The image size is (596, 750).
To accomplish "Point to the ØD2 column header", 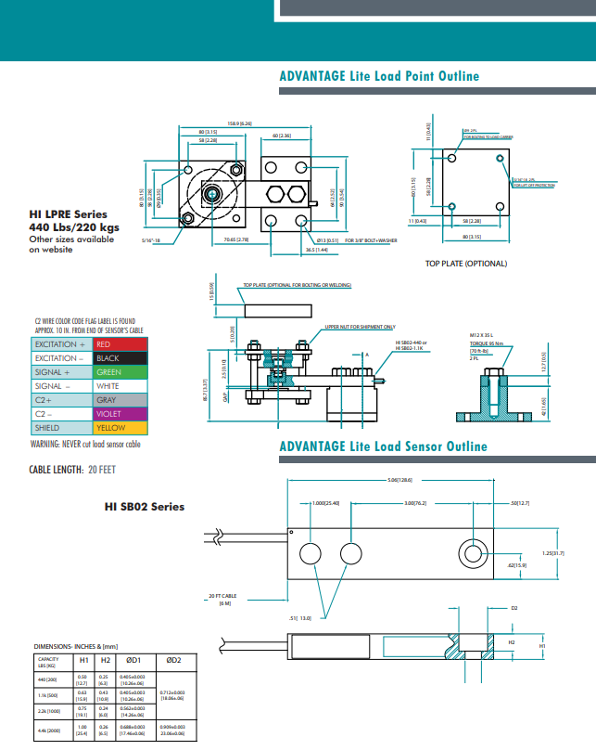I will pos(172,660).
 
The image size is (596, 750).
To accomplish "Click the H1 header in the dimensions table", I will pos(82,660).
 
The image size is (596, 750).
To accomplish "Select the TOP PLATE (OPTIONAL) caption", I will pos(466,264).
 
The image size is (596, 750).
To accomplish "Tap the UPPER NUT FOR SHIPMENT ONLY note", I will pos(360,327).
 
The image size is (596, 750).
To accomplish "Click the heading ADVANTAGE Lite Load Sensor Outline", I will pos(383,446).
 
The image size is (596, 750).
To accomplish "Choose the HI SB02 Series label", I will pos(144,507).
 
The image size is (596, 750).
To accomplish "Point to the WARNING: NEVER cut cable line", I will pos(85,445).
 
